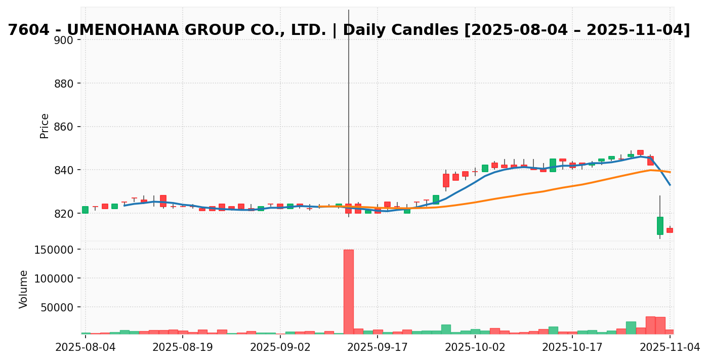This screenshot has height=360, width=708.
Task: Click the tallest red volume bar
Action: [x=348, y=291]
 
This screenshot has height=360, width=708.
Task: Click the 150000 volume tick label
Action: [x=53, y=250]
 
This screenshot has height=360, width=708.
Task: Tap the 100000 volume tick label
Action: [x=53, y=278]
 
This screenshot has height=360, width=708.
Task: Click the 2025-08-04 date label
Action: [x=85, y=347]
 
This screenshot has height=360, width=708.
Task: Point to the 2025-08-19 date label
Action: [x=182, y=347]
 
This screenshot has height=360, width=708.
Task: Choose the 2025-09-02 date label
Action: [x=280, y=347]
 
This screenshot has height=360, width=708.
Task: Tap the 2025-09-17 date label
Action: [x=377, y=347]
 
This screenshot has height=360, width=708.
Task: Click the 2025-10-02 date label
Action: [x=475, y=347]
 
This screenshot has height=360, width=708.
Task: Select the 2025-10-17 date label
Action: [x=572, y=347]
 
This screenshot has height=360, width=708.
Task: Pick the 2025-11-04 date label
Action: [x=670, y=347]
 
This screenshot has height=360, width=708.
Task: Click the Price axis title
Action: [x=45, y=126]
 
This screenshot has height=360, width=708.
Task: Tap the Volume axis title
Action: [x=24, y=289]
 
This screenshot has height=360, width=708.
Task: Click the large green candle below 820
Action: [x=660, y=226]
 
